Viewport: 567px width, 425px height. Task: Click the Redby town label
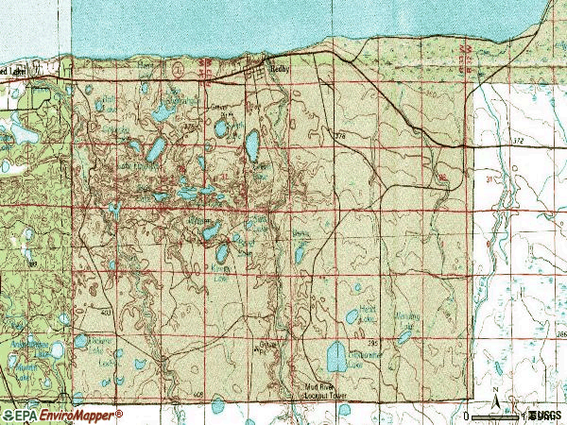point(283,70)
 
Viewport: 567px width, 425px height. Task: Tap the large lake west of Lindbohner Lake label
point(335,357)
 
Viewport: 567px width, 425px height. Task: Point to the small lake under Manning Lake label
point(404,337)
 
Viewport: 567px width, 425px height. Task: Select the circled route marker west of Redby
point(178,68)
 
